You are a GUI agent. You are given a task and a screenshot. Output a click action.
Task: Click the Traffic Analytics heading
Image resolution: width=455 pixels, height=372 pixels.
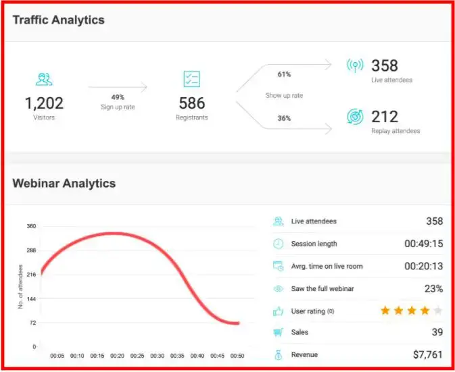tap(59, 20)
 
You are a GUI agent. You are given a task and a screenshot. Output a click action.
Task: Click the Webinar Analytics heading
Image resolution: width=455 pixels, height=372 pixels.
tap(64, 183)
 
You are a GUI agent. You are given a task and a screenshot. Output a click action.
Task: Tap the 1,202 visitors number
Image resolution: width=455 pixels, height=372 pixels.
tap(45, 103)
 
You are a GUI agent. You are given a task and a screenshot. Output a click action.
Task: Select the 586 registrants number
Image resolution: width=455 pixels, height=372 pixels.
tap(193, 103)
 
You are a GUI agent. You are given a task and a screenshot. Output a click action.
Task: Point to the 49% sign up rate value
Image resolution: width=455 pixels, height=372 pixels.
tap(118, 97)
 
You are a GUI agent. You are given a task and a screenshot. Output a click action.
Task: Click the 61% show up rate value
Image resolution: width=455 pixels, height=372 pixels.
tap(284, 74)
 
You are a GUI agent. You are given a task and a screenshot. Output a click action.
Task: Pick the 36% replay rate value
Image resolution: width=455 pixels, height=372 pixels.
tap(284, 118)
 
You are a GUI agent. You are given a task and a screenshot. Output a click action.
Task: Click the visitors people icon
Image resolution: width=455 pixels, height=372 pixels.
tap(45, 79)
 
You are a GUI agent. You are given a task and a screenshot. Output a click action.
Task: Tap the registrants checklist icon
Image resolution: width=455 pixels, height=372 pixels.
tap(192, 79)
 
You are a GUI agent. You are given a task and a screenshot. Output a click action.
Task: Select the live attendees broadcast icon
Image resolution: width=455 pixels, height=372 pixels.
tap(355, 65)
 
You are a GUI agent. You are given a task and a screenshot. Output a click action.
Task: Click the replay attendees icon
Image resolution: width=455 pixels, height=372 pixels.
tap(355, 117)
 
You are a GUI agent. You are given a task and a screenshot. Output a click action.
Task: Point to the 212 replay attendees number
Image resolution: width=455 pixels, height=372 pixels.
tap(385, 117)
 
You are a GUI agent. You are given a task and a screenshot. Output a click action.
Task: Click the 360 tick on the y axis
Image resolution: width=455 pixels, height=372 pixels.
tap(31, 226)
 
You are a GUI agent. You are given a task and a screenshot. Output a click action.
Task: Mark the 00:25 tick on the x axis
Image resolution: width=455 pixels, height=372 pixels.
tap(137, 356)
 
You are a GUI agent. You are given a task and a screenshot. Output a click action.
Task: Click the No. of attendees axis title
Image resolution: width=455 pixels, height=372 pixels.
tap(21, 287)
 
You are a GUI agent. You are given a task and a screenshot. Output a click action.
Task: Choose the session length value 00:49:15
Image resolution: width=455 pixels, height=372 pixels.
tap(423, 244)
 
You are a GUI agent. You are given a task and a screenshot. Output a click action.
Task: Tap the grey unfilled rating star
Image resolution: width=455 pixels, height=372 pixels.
tap(438, 311)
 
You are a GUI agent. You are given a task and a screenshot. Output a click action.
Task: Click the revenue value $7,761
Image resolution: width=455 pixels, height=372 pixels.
tap(427, 354)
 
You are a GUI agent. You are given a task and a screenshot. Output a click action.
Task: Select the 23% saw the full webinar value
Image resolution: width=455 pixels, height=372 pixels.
tap(433, 288)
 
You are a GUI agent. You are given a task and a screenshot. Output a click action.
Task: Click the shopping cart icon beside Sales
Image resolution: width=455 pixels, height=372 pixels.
tap(278, 332)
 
